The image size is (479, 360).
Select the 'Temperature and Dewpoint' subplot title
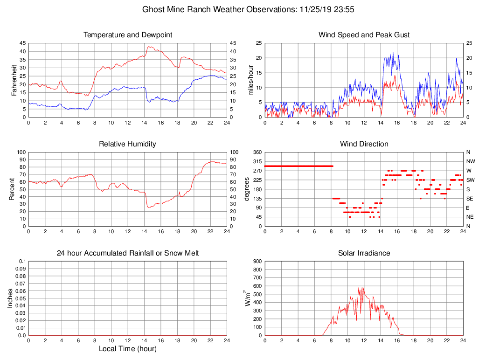pyautogui.click(x=127, y=35)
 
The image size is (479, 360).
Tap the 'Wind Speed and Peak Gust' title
pyautogui.click(x=364, y=35)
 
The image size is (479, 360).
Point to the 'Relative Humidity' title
pyautogui.click(x=127, y=144)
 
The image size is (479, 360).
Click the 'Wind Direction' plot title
pyautogui.click(x=364, y=144)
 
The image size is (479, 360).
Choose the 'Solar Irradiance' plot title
pyautogui.click(x=364, y=253)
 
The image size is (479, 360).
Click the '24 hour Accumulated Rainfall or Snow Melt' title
pyautogui.click(x=127, y=253)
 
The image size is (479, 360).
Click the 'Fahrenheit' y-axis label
pyautogui.click(x=14, y=80)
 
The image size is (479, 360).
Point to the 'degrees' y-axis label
pyautogui.click(x=247, y=189)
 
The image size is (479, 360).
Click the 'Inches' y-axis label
pyautogui.click(x=10, y=298)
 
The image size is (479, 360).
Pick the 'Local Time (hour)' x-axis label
pyautogui.click(x=127, y=349)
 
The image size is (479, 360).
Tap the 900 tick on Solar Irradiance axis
pyautogui.click(x=257, y=262)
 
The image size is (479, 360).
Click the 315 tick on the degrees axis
pyautogui.click(x=257, y=161)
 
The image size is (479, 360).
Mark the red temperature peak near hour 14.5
pyautogui.click(x=149, y=46)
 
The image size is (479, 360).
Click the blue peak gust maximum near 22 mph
pyautogui.click(x=393, y=52)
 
